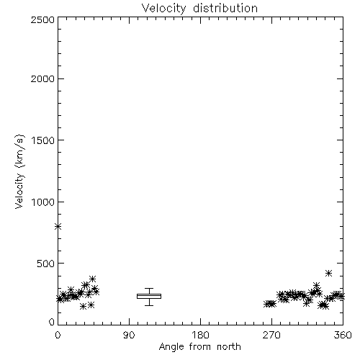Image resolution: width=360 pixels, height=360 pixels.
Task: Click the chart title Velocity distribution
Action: tap(199, 9)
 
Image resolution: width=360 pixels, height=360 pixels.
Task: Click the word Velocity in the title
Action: tap(163, 9)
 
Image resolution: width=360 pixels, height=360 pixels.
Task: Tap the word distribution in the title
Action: tap(225, 8)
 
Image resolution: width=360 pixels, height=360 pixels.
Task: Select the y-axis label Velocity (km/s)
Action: tap(19, 171)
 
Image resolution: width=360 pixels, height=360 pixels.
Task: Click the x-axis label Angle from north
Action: tap(200, 347)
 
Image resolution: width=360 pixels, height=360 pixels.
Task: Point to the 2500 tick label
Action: tap(42, 19)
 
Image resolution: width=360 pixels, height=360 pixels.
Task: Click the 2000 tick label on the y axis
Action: tap(42, 78)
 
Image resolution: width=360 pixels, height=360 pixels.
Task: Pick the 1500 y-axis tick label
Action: tap(43, 140)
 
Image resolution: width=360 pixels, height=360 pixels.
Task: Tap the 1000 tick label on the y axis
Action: tap(43, 202)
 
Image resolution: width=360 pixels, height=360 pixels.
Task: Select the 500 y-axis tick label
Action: tap(46, 264)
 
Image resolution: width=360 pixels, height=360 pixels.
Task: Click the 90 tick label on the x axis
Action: tap(129, 335)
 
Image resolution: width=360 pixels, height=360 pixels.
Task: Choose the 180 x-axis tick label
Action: tap(200, 335)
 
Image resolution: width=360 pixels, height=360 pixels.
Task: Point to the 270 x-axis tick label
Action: tap(271, 335)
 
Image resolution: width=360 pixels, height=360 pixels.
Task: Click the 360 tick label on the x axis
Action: tap(343, 335)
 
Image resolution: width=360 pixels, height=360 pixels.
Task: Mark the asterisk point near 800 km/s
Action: tap(58, 226)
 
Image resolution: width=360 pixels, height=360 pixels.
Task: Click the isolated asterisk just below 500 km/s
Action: tap(329, 273)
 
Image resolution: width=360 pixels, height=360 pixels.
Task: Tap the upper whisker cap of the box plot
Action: tap(149, 288)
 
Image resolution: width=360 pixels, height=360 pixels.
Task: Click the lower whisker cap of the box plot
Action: tap(149, 305)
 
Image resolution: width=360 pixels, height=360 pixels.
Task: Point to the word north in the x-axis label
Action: tap(229, 347)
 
